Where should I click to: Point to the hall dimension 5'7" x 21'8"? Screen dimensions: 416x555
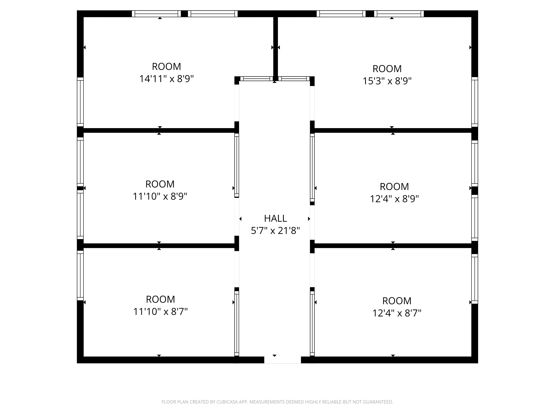point(275,231)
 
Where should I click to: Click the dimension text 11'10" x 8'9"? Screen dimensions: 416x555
point(160,197)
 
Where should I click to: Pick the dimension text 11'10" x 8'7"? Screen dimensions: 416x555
point(160,312)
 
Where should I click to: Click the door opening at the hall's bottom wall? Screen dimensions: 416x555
point(282,360)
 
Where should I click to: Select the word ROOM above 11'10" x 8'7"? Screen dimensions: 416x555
point(160,299)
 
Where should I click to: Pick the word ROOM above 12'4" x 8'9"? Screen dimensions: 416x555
point(394,187)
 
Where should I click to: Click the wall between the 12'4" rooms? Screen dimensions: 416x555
point(393,246)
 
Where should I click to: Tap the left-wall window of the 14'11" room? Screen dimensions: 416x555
point(80,102)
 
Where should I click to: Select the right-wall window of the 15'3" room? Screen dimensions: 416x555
point(475,102)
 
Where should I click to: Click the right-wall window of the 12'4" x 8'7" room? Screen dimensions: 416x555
point(475,279)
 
